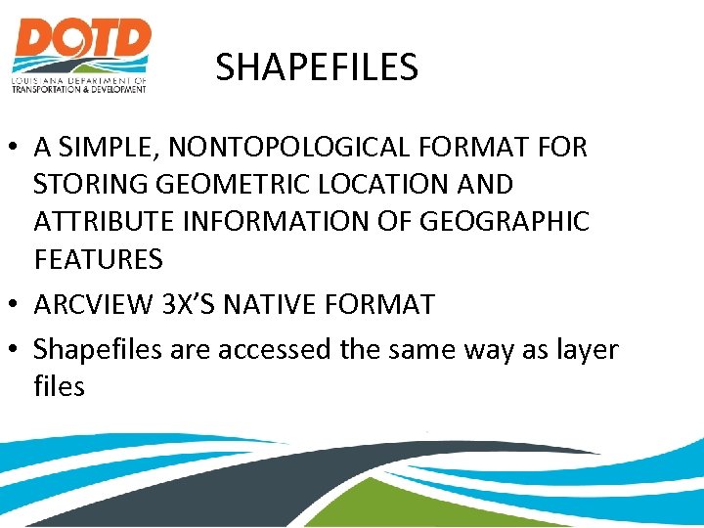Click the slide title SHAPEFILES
pyautogui.click(x=317, y=67)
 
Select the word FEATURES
pyautogui.click(x=98, y=259)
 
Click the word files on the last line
pyautogui.click(x=59, y=386)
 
